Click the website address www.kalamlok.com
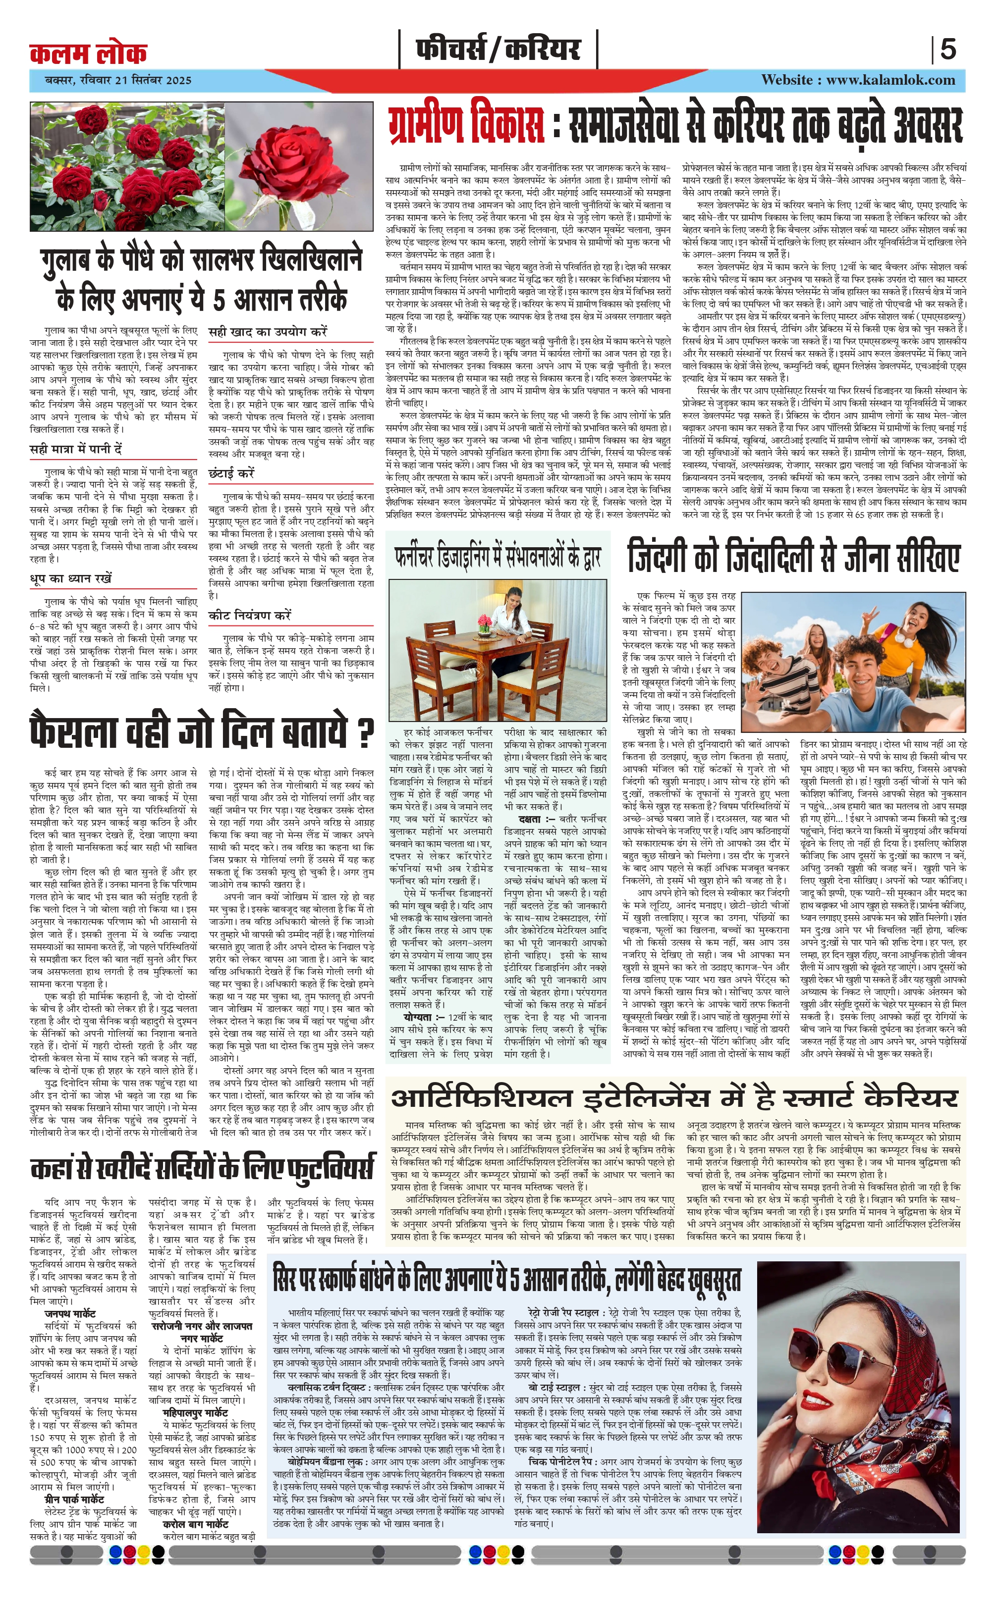858,80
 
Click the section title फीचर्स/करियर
497,50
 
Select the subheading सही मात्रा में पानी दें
76,449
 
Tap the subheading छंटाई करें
231,473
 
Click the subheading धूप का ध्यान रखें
71,578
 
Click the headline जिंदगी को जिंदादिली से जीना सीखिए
793,556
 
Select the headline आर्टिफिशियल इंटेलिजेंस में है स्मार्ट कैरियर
674,1097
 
